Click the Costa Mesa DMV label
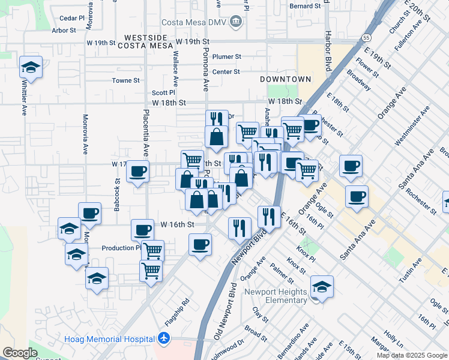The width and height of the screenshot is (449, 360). (201, 22)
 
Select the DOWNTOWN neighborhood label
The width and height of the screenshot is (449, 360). (286, 79)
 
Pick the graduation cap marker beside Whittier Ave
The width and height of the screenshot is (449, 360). (31, 67)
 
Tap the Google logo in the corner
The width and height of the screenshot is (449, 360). (20, 353)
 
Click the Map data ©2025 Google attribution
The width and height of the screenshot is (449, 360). (412, 355)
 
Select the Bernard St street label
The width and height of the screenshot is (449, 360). (305, 6)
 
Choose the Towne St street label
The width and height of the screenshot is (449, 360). (125, 80)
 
